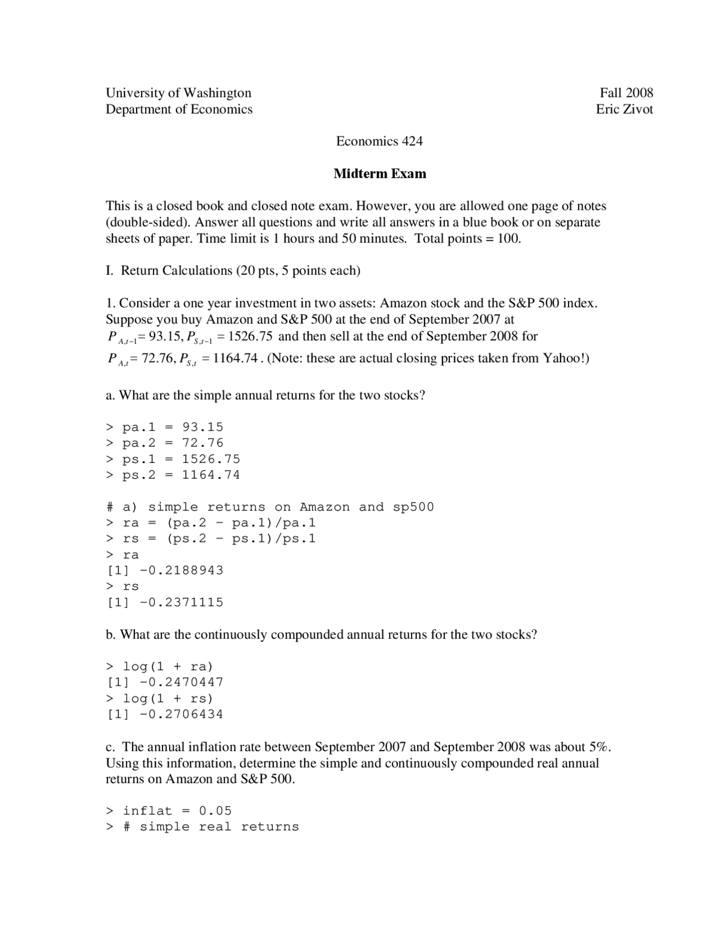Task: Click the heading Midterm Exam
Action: (x=380, y=174)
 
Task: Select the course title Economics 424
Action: (x=379, y=141)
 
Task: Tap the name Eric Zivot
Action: (x=624, y=109)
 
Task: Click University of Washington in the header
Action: (x=178, y=93)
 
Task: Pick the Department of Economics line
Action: (x=179, y=109)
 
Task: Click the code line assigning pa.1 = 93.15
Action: (x=165, y=427)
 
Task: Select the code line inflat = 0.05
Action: (x=169, y=811)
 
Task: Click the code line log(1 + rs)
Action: (x=160, y=698)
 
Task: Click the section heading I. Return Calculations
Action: (x=233, y=271)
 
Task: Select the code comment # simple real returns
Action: (x=211, y=827)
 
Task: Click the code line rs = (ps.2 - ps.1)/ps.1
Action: (x=211, y=539)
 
